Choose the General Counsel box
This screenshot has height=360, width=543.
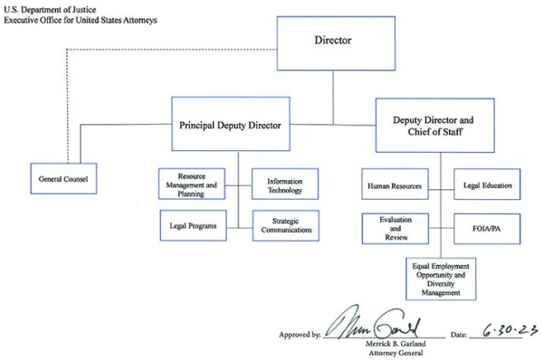click(x=62, y=179)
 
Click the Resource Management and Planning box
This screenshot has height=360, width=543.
click(x=192, y=184)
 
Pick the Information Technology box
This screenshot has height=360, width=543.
click(x=284, y=184)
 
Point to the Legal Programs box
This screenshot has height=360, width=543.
click(x=192, y=225)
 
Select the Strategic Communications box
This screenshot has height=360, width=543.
click(x=284, y=225)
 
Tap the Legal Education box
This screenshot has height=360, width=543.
click(x=487, y=185)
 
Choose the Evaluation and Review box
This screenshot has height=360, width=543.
click(x=395, y=228)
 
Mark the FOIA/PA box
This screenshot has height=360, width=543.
click(x=487, y=228)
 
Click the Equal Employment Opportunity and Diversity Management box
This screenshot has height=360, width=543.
click(x=439, y=278)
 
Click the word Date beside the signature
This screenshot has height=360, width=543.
click(x=458, y=335)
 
